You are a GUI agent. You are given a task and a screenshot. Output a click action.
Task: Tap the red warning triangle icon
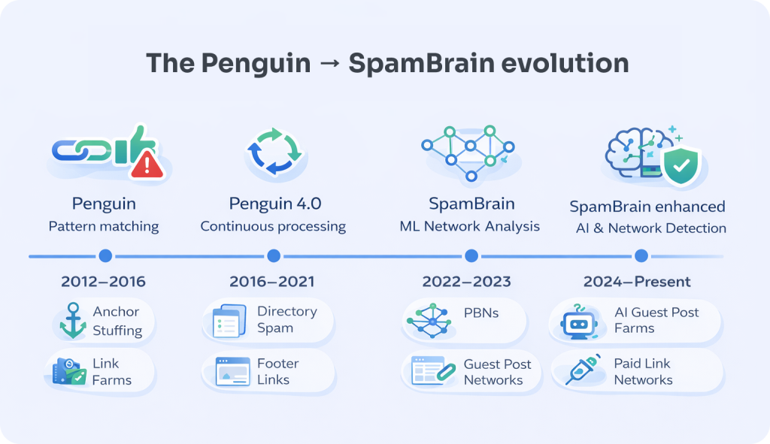point(147,165)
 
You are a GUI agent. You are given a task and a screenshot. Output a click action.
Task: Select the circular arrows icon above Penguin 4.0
point(274,152)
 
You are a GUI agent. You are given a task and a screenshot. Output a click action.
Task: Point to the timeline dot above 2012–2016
point(105,255)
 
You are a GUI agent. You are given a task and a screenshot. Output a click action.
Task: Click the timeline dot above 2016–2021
point(274,255)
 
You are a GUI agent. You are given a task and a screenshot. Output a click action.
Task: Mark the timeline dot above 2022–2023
point(471,255)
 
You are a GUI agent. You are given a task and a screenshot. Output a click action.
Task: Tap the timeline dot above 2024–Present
point(641,255)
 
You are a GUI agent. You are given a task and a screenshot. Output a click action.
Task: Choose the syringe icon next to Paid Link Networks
point(583,370)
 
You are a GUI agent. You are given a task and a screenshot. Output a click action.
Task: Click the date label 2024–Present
point(637,282)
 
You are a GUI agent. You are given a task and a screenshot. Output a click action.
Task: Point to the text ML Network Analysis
point(469,226)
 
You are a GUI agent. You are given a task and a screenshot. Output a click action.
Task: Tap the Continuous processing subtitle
point(273,226)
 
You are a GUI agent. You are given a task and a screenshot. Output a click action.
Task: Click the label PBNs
point(481,313)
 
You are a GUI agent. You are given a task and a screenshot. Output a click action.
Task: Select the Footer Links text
point(278,371)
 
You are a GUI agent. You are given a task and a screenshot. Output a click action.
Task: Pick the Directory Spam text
point(287,319)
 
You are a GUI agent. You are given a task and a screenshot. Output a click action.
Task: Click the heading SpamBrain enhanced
point(647,207)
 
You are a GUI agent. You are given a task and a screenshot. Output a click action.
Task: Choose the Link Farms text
point(112,371)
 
